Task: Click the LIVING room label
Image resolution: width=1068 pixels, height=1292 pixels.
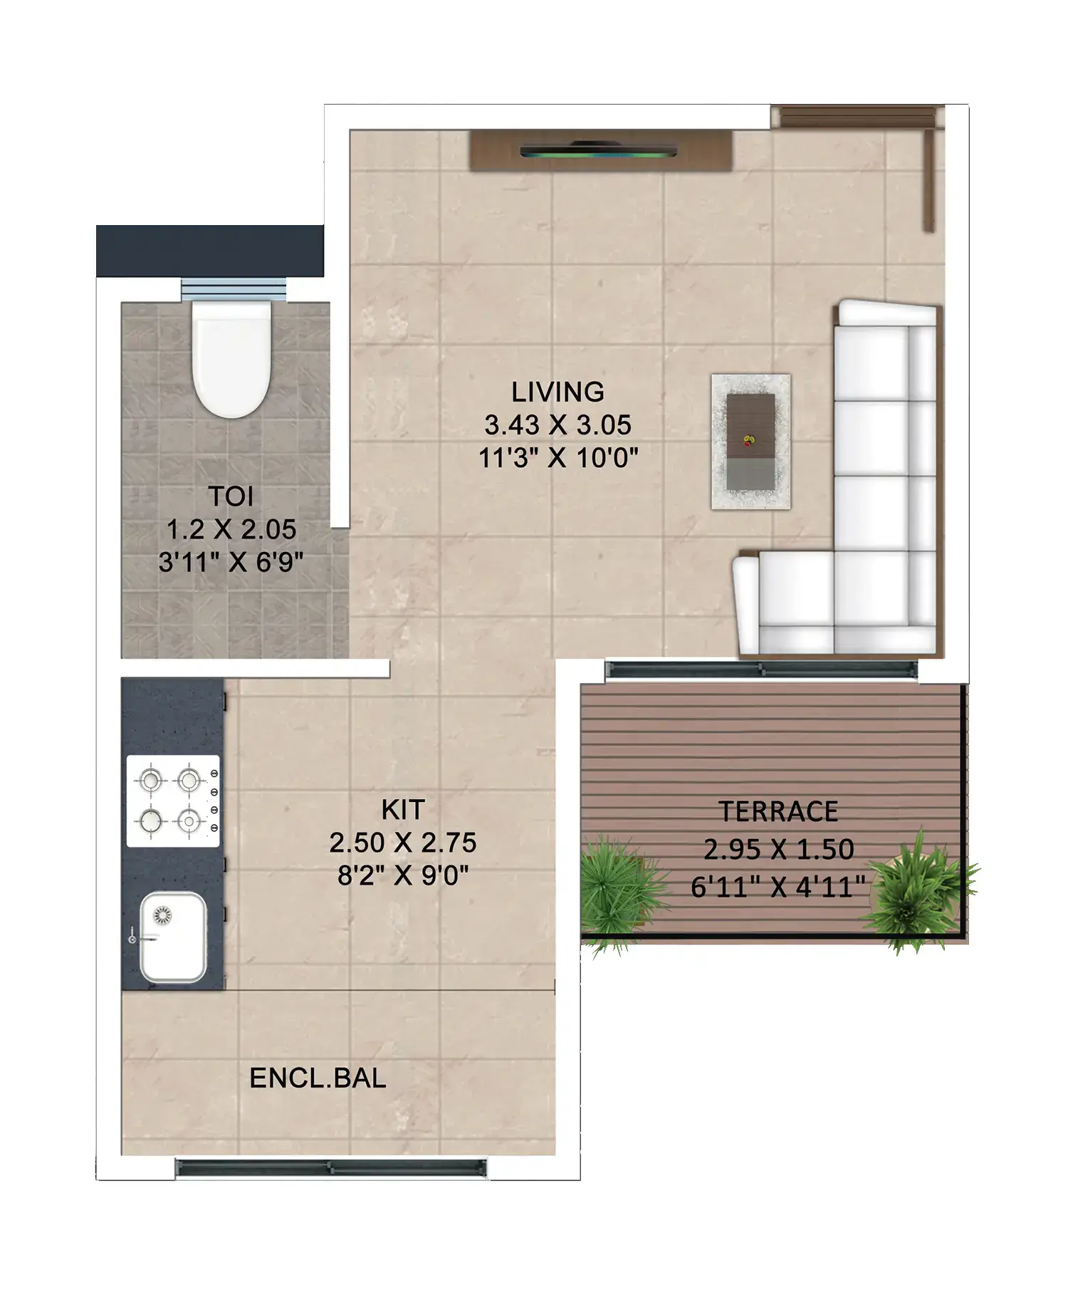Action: pos(557,392)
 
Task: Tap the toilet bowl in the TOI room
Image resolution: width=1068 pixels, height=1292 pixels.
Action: pos(232,360)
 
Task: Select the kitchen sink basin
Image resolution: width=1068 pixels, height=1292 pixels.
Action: pos(173,937)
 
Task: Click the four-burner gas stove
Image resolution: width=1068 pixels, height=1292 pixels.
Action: pos(173,801)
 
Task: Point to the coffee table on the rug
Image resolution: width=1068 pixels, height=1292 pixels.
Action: pos(750,442)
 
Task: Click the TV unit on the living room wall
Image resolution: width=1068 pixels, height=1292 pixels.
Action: pos(600,150)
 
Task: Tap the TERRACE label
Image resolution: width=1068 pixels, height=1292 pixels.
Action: pos(778,812)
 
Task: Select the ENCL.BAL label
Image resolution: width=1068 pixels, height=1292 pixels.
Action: pos(318,1078)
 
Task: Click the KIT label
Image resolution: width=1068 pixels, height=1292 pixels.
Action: pos(403,810)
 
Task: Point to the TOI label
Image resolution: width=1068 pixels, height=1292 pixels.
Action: pos(231,496)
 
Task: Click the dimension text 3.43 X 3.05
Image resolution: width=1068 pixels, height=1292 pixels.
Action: pos(557,425)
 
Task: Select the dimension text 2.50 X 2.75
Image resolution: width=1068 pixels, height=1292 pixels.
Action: pos(403,843)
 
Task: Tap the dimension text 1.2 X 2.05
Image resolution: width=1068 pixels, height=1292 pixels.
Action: pos(231,530)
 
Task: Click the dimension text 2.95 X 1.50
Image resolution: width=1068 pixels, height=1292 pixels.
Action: pos(778,850)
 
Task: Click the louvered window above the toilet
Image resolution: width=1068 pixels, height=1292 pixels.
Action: pos(234,290)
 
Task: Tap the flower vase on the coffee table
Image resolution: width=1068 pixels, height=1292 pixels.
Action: pos(748,441)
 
